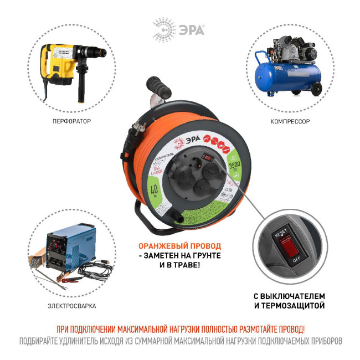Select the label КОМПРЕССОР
tap(290, 121)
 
